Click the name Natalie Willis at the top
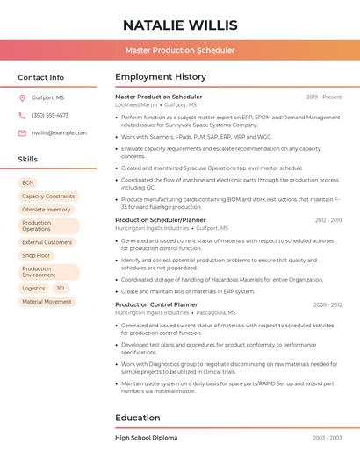click(180, 25)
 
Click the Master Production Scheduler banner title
click(180, 51)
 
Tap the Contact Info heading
click(40, 77)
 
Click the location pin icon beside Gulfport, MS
click(22, 97)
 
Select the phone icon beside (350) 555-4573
click(22, 115)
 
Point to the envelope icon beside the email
click(22, 132)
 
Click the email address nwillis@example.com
click(59, 132)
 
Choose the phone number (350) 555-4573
click(50, 115)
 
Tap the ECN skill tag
click(28, 182)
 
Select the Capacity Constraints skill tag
click(48, 197)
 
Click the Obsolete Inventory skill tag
click(47, 210)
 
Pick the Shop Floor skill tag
click(36, 255)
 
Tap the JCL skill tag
click(61, 288)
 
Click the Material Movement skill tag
click(47, 302)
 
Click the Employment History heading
click(161, 77)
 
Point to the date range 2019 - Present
click(324, 97)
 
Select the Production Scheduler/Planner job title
click(161, 220)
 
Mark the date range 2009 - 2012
click(327, 304)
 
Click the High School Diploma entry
click(147, 437)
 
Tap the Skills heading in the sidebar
click(27, 160)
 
